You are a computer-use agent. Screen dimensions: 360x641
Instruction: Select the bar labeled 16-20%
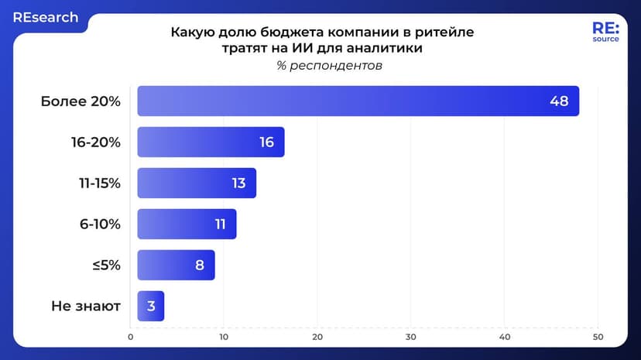click(211, 142)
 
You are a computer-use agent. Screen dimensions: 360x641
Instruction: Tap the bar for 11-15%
click(197, 183)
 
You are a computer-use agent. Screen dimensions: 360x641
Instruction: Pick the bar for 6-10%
click(187, 224)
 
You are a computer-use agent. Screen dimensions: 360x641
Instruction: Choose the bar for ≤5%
click(176, 265)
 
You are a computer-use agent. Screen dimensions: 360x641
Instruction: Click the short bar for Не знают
click(151, 306)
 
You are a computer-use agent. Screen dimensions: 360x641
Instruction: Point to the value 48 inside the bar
click(559, 101)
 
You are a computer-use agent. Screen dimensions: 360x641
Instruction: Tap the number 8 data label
click(199, 265)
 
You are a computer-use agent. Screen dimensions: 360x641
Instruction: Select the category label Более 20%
click(81, 101)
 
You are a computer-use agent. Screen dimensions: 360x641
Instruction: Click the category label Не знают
click(86, 306)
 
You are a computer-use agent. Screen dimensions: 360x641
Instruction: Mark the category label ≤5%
click(106, 265)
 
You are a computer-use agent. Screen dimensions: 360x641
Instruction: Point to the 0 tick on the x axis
click(131, 337)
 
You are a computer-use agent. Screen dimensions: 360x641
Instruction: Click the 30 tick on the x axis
click(411, 337)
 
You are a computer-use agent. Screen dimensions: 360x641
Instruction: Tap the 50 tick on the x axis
click(598, 337)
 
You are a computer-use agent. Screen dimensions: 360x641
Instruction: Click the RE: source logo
click(605, 32)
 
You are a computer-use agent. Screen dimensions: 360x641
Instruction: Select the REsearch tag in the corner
click(45, 17)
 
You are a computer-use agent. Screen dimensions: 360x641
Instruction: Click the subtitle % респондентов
click(329, 66)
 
